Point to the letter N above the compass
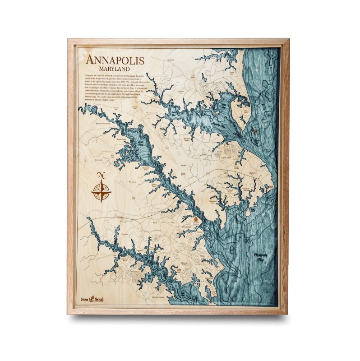point(101,176)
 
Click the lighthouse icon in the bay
point(254,131)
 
